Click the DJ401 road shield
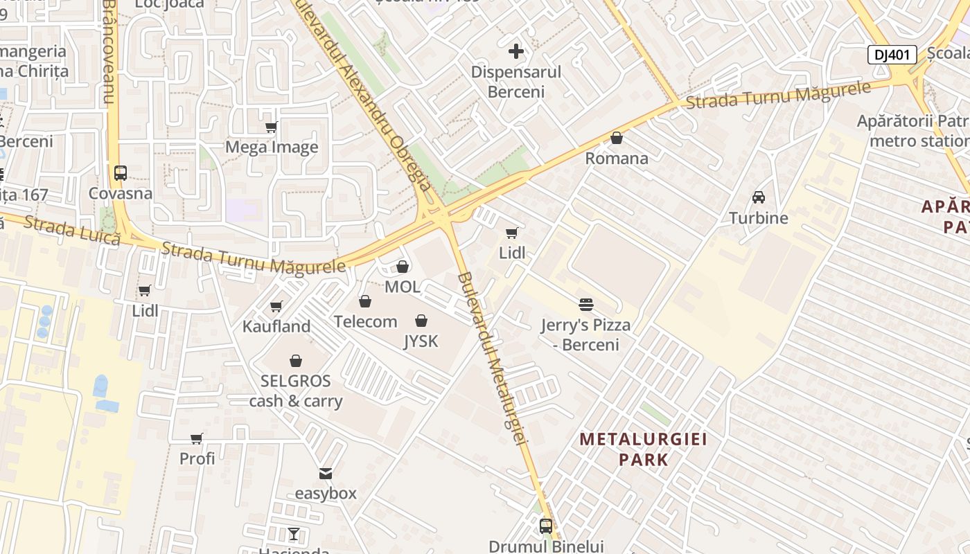[892, 55]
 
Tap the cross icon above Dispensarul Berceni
[516, 51]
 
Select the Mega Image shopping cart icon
[272, 127]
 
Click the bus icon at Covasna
[121, 173]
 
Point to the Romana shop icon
[617, 138]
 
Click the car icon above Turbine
[759, 197]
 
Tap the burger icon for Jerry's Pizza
[586, 305]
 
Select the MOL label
[403, 287]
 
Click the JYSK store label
[421, 341]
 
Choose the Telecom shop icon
[365, 301]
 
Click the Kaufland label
[276, 326]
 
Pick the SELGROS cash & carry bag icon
[296, 361]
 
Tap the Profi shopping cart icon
[197, 438]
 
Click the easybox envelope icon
[326, 474]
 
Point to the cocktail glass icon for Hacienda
[294, 534]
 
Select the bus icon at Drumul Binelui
[546, 526]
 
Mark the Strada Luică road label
[72, 229]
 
